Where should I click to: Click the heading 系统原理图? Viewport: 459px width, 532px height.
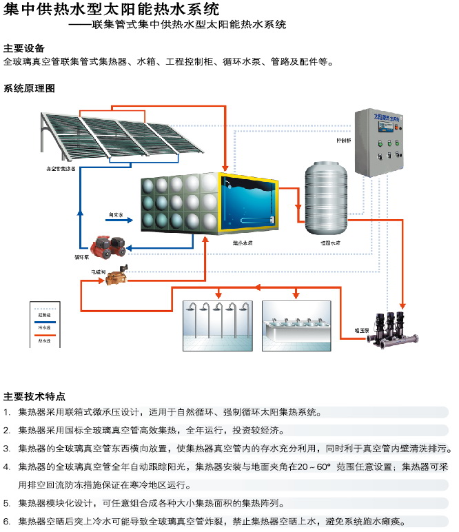(x=29, y=89)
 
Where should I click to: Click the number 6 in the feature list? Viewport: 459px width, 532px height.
(x=6, y=521)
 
